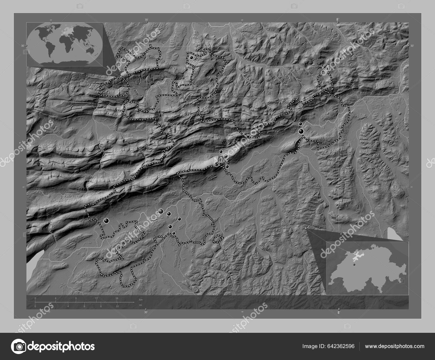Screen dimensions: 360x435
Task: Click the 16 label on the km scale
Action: [x=117, y=298]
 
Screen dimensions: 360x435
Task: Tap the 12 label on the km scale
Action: [x=97, y=298]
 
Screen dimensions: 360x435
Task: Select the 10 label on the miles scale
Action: [x=117, y=306]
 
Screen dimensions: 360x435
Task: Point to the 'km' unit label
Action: [x=141, y=299]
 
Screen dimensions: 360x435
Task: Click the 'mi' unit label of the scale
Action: [x=140, y=305]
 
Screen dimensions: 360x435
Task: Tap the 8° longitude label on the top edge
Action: [x=338, y=19]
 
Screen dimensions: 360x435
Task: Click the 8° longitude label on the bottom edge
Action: [x=338, y=313]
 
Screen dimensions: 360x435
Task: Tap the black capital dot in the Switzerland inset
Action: [x=354, y=265]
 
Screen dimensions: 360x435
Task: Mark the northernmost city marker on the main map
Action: [x=192, y=58]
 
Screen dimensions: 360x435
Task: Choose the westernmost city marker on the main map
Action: [x=106, y=221]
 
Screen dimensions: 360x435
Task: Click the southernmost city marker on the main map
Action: [x=174, y=233]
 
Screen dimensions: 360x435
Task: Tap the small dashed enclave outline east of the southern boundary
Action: [x=217, y=239]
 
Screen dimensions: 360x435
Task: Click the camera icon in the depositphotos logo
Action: [x=19, y=346]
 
